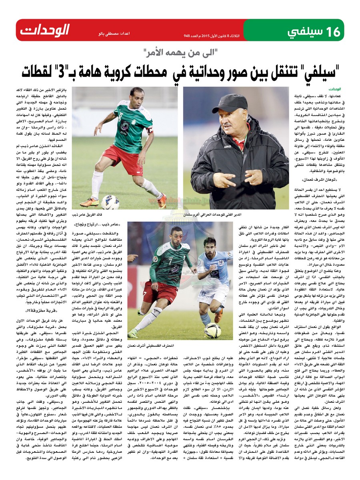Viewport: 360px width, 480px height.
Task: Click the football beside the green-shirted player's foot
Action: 110,202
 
